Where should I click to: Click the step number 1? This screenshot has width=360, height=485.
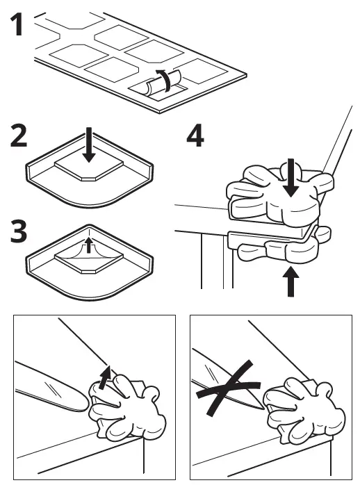17,24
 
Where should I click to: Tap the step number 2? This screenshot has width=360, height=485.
19,135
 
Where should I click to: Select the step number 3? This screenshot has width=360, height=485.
19,231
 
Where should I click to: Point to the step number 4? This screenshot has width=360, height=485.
195,135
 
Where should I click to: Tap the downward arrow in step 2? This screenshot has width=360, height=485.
89,145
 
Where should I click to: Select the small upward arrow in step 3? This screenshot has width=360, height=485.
89,245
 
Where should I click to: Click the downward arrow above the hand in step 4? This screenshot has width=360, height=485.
291,178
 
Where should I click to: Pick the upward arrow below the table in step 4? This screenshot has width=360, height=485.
291,282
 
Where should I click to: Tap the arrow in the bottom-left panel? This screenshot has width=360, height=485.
104,377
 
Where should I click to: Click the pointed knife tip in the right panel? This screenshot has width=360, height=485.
262,408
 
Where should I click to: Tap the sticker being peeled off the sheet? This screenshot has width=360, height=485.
163,83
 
